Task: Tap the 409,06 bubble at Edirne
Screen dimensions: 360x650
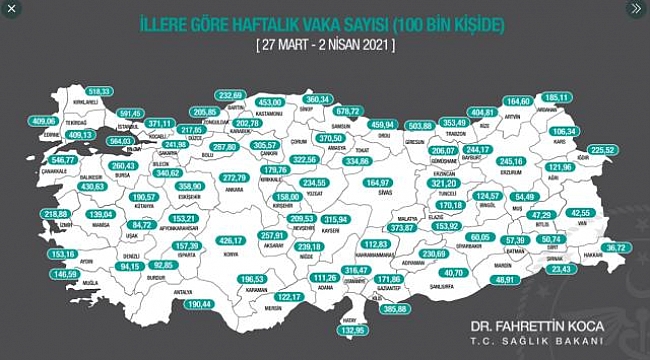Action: [44, 121]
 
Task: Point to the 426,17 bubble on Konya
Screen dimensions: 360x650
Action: [232, 240]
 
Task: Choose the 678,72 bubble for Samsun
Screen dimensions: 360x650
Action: [375, 111]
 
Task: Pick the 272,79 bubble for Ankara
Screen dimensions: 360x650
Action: [233, 177]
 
